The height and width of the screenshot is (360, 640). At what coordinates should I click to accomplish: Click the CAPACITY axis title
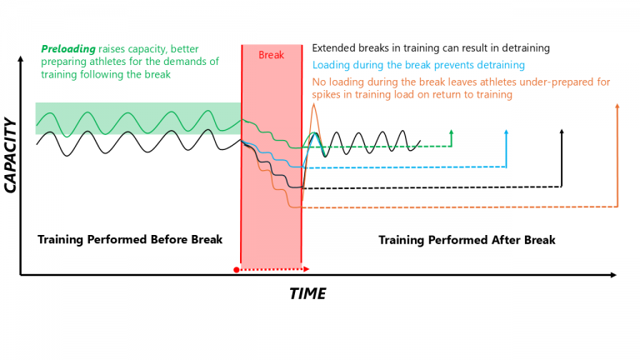click(x=11, y=156)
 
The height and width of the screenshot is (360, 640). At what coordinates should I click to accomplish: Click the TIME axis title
click(x=307, y=294)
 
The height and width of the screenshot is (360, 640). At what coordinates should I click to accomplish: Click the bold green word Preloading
click(x=67, y=49)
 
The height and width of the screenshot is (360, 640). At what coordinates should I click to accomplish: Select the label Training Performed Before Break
click(x=130, y=240)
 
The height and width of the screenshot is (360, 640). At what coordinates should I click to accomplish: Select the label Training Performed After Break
click(x=467, y=240)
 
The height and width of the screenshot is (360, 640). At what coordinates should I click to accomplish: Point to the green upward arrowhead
click(x=451, y=131)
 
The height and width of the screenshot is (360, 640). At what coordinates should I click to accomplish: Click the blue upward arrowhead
click(x=507, y=131)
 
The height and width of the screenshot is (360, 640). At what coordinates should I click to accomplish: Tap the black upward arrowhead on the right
click(x=562, y=131)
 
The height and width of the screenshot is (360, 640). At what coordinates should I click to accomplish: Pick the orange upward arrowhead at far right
click(x=617, y=106)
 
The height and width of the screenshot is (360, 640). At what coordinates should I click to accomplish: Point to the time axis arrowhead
click(x=613, y=274)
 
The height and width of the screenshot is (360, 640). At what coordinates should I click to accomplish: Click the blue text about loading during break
click(x=418, y=65)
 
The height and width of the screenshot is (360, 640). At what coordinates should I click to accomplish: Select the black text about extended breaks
click(x=431, y=48)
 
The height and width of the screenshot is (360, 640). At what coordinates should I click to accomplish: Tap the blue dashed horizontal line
click(x=400, y=167)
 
